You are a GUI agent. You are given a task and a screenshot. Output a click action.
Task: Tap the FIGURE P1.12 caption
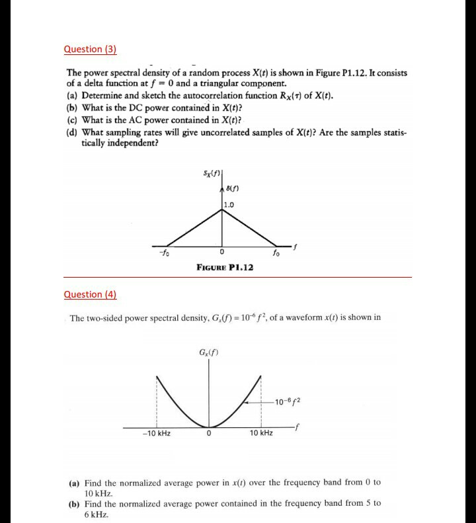pos(225,266)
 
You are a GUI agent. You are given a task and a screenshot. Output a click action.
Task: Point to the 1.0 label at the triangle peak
pos(229,204)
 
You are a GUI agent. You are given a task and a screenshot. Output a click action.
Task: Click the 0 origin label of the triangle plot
pos(222,252)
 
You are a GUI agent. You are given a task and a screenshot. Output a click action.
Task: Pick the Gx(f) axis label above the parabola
pos(207,351)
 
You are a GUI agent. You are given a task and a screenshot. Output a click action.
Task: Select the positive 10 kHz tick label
pos(261,434)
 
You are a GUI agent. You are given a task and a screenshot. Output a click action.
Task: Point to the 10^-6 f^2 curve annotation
pos(293,399)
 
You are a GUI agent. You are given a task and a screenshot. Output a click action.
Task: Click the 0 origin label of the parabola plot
pos(208,434)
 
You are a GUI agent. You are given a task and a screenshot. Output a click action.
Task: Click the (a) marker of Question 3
pos(72,96)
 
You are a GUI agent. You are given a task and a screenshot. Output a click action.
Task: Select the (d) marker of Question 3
pos(72,133)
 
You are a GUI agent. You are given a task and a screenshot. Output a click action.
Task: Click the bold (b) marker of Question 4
pos(75,503)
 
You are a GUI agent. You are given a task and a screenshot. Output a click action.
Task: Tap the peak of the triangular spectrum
pos(221,210)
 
